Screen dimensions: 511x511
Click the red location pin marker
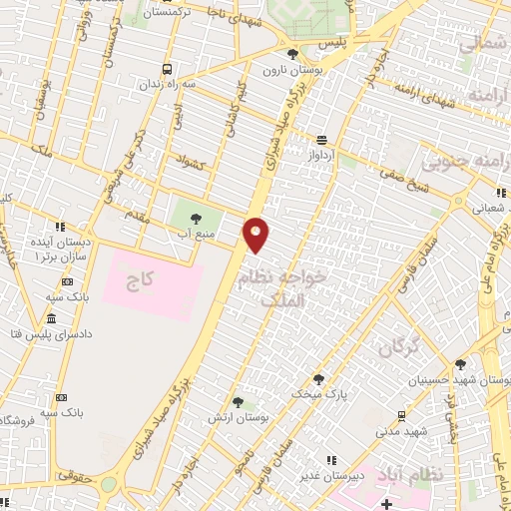256,234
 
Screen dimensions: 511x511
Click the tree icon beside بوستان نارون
291,55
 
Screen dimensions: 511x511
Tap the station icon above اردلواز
321,141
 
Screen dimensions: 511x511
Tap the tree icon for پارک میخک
317,378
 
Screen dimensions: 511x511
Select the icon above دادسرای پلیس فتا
51,318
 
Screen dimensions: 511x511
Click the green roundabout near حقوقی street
108,484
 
